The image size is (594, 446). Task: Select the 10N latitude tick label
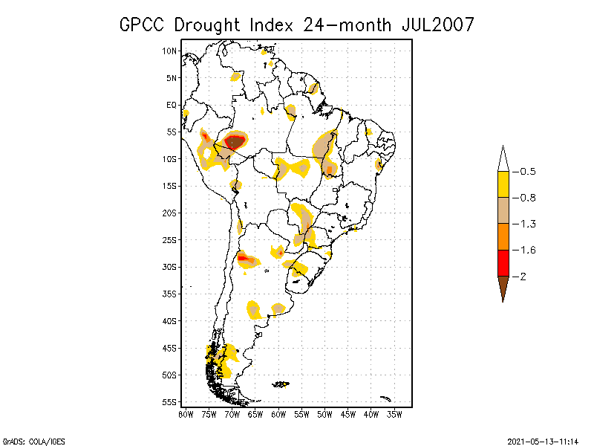[x=169, y=51]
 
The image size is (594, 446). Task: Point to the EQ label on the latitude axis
[x=171, y=105]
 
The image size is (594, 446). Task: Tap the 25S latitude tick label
[x=169, y=239]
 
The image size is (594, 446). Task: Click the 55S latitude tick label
[x=169, y=401]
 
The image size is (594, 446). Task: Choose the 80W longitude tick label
[x=186, y=414]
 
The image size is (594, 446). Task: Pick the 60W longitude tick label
[x=278, y=414]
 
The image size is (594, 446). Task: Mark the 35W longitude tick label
[x=394, y=414]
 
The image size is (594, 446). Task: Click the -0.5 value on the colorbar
[x=526, y=172]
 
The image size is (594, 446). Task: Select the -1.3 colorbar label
[x=526, y=224]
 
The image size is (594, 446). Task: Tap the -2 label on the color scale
[x=523, y=277]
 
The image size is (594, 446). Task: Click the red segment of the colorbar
[x=503, y=262]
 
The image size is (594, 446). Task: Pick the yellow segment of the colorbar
[x=503, y=184]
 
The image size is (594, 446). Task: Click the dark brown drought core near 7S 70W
[x=235, y=140]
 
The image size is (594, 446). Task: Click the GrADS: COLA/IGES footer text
[x=27, y=440]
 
